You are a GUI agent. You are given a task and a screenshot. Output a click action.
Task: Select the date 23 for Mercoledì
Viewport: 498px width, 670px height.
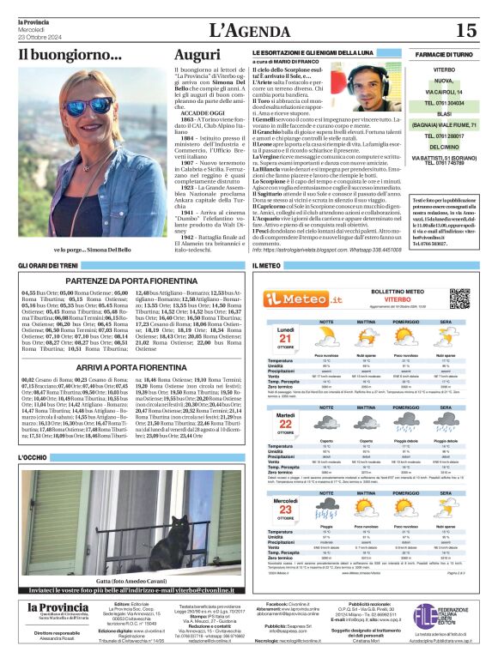coord(285,510)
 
